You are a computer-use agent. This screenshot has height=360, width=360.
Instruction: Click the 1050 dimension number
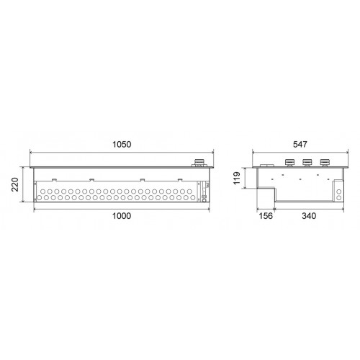(122, 145)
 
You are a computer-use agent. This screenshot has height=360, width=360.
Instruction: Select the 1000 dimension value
(122, 216)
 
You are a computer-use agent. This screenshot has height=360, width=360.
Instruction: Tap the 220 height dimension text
(15, 184)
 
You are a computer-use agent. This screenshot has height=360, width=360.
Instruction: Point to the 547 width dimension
(300, 144)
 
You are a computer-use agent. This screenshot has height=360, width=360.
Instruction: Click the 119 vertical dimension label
(237, 178)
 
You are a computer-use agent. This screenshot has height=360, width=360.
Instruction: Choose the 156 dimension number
(266, 216)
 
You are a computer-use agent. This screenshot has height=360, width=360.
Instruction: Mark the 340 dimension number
(309, 216)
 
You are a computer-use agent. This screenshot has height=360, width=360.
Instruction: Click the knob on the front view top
(199, 163)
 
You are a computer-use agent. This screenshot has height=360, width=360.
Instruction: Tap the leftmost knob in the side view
(289, 163)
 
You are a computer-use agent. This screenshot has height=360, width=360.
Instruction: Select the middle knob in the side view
(307, 163)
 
